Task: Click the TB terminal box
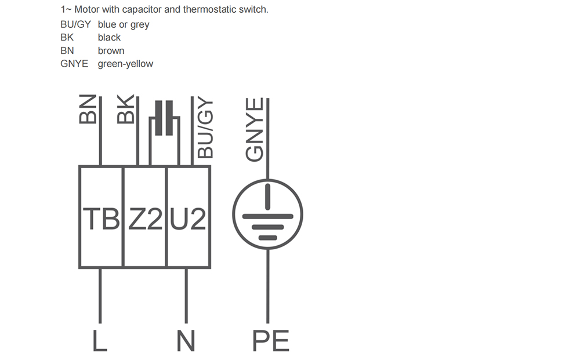click(x=100, y=217)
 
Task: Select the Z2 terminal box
click(x=144, y=217)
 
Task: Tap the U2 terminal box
click(x=188, y=217)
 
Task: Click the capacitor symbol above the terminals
click(x=164, y=118)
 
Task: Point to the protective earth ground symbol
click(x=267, y=214)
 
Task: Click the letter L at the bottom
click(x=100, y=340)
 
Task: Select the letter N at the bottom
click(x=186, y=340)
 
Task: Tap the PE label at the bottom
click(x=270, y=340)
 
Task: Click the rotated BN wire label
click(x=88, y=109)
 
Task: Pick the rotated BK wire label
click(x=125, y=109)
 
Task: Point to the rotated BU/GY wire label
click(x=205, y=129)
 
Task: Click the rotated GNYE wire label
click(x=255, y=129)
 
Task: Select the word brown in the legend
click(x=111, y=50)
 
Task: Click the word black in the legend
click(x=109, y=37)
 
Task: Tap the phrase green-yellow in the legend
click(x=125, y=64)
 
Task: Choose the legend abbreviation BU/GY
click(x=75, y=24)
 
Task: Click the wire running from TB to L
click(x=100, y=296)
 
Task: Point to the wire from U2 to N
click(x=186, y=296)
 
